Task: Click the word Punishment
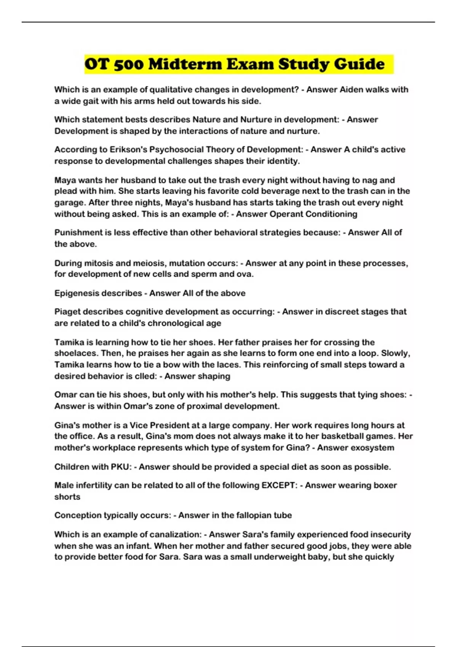point(78,233)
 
